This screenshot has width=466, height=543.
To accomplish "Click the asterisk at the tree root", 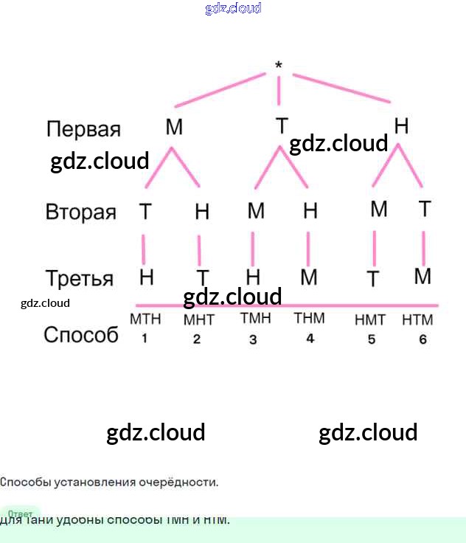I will pyautogui.click(x=278, y=66).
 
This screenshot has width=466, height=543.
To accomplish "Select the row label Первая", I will pyautogui.click(x=83, y=130).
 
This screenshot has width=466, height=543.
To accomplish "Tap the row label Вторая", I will pyautogui.click(x=81, y=212).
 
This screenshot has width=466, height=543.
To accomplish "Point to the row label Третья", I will pyautogui.click(x=80, y=279).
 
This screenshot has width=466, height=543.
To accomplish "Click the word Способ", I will pyautogui.click(x=81, y=335).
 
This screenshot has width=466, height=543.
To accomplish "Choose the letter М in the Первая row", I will pyautogui.click(x=174, y=128).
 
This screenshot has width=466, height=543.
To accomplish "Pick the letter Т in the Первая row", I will pyautogui.click(x=282, y=126).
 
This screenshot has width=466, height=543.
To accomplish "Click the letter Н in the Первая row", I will pyautogui.click(x=401, y=126).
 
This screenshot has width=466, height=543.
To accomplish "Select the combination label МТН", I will pyautogui.click(x=145, y=319).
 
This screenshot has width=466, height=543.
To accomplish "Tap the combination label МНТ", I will pyautogui.click(x=198, y=321).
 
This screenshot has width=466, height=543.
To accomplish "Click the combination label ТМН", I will pyautogui.click(x=255, y=319).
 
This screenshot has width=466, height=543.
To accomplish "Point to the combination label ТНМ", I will pyautogui.click(x=309, y=319).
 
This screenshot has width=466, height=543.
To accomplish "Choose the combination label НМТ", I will pyautogui.click(x=370, y=320).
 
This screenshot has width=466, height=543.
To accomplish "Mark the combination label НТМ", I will pyautogui.click(x=417, y=320).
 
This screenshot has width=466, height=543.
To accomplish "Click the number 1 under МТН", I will pyautogui.click(x=145, y=339).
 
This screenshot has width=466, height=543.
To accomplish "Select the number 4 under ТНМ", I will pyautogui.click(x=310, y=338).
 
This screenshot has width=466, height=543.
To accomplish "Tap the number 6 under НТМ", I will pyautogui.click(x=422, y=339).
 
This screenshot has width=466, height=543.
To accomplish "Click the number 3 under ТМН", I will pyautogui.click(x=253, y=339).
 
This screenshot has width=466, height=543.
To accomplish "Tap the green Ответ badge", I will pyautogui.click(x=21, y=513).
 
